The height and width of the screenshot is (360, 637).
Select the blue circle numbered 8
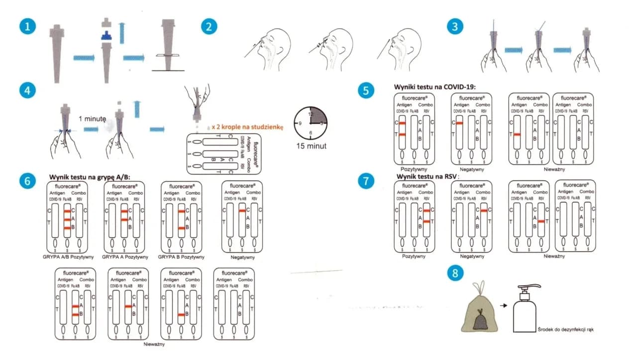[x=455, y=274]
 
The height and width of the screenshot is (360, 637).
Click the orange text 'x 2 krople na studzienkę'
[x=247, y=127]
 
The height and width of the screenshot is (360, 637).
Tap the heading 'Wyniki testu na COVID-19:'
[x=434, y=87]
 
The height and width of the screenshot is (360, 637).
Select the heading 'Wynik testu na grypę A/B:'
[x=89, y=176]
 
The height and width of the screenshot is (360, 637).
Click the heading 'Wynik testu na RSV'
[x=426, y=176]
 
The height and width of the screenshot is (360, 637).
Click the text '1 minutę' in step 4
[x=93, y=119]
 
